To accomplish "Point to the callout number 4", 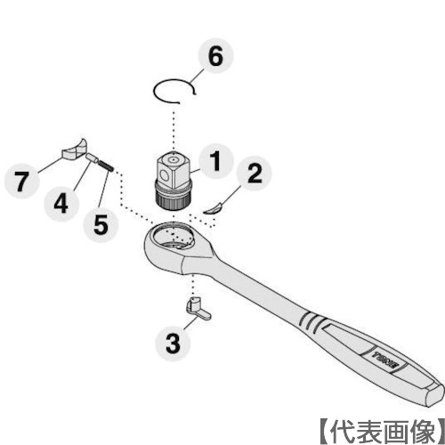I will pos(60,202).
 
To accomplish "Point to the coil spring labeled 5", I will pos(104,166).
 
